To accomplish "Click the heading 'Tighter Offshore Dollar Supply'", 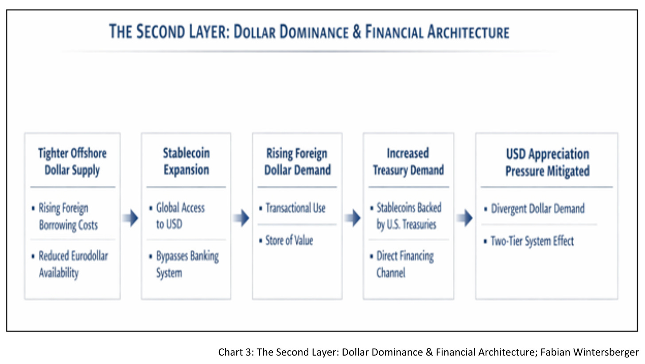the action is [x=72, y=162].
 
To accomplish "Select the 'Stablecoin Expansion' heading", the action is [x=186, y=162].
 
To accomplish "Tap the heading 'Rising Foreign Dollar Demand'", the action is [x=297, y=162].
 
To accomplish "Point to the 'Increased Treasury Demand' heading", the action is [x=408, y=162].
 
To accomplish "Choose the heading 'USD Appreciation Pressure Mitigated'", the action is [x=547, y=162].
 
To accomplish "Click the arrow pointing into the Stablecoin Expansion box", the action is [x=131, y=218].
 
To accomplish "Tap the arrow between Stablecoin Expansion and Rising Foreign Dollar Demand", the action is [x=241, y=218].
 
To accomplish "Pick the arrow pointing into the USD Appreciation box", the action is [x=464, y=218].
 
